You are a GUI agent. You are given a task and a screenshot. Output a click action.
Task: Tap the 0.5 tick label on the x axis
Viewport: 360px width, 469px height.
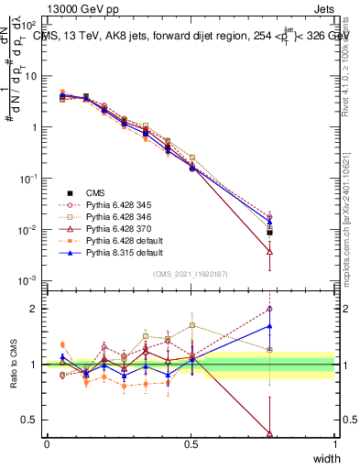tap(191, 444)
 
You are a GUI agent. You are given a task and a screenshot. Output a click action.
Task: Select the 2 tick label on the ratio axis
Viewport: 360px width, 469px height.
tap(37, 309)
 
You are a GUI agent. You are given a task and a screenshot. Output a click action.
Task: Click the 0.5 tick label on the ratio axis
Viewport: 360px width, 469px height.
tap(33, 420)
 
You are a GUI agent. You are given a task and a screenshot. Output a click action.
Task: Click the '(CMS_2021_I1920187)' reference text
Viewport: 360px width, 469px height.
tap(191, 274)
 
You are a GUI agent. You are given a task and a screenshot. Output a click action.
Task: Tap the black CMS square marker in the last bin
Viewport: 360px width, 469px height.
tap(321, 233)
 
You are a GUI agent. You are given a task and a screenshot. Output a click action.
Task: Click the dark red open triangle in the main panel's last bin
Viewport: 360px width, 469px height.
tap(321, 251)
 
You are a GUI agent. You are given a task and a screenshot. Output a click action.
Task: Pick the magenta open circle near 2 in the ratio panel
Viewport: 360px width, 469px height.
tap(321, 309)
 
